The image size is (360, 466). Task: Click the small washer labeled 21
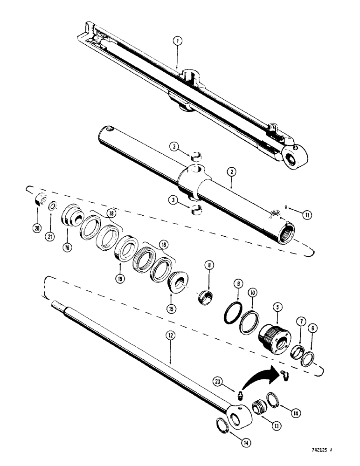(53, 206)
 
